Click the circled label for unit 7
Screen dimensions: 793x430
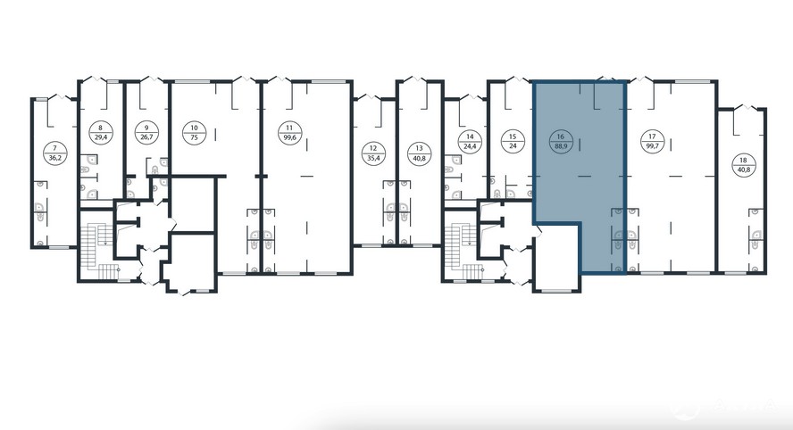click(x=55, y=153)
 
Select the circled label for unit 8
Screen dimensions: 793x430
click(x=101, y=132)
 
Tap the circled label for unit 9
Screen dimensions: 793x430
click(x=146, y=132)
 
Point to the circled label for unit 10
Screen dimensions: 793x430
click(x=194, y=132)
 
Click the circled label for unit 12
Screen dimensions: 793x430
click(x=373, y=153)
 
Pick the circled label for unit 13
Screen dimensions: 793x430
click(x=419, y=153)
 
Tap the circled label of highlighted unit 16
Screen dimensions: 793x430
click(x=560, y=142)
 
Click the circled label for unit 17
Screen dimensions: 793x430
click(x=653, y=142)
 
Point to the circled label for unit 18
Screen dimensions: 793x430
click(x=743, y=165)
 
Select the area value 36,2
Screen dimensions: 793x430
click(x=55, y=158)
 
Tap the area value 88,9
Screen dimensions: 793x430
click(x=560, y=146)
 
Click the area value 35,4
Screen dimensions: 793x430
click(x=373, y=158)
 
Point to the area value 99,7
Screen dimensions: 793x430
click(x=653, y=146)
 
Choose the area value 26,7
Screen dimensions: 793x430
click(x=146, y=136)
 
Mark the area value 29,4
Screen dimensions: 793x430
click(x=101, y=136)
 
